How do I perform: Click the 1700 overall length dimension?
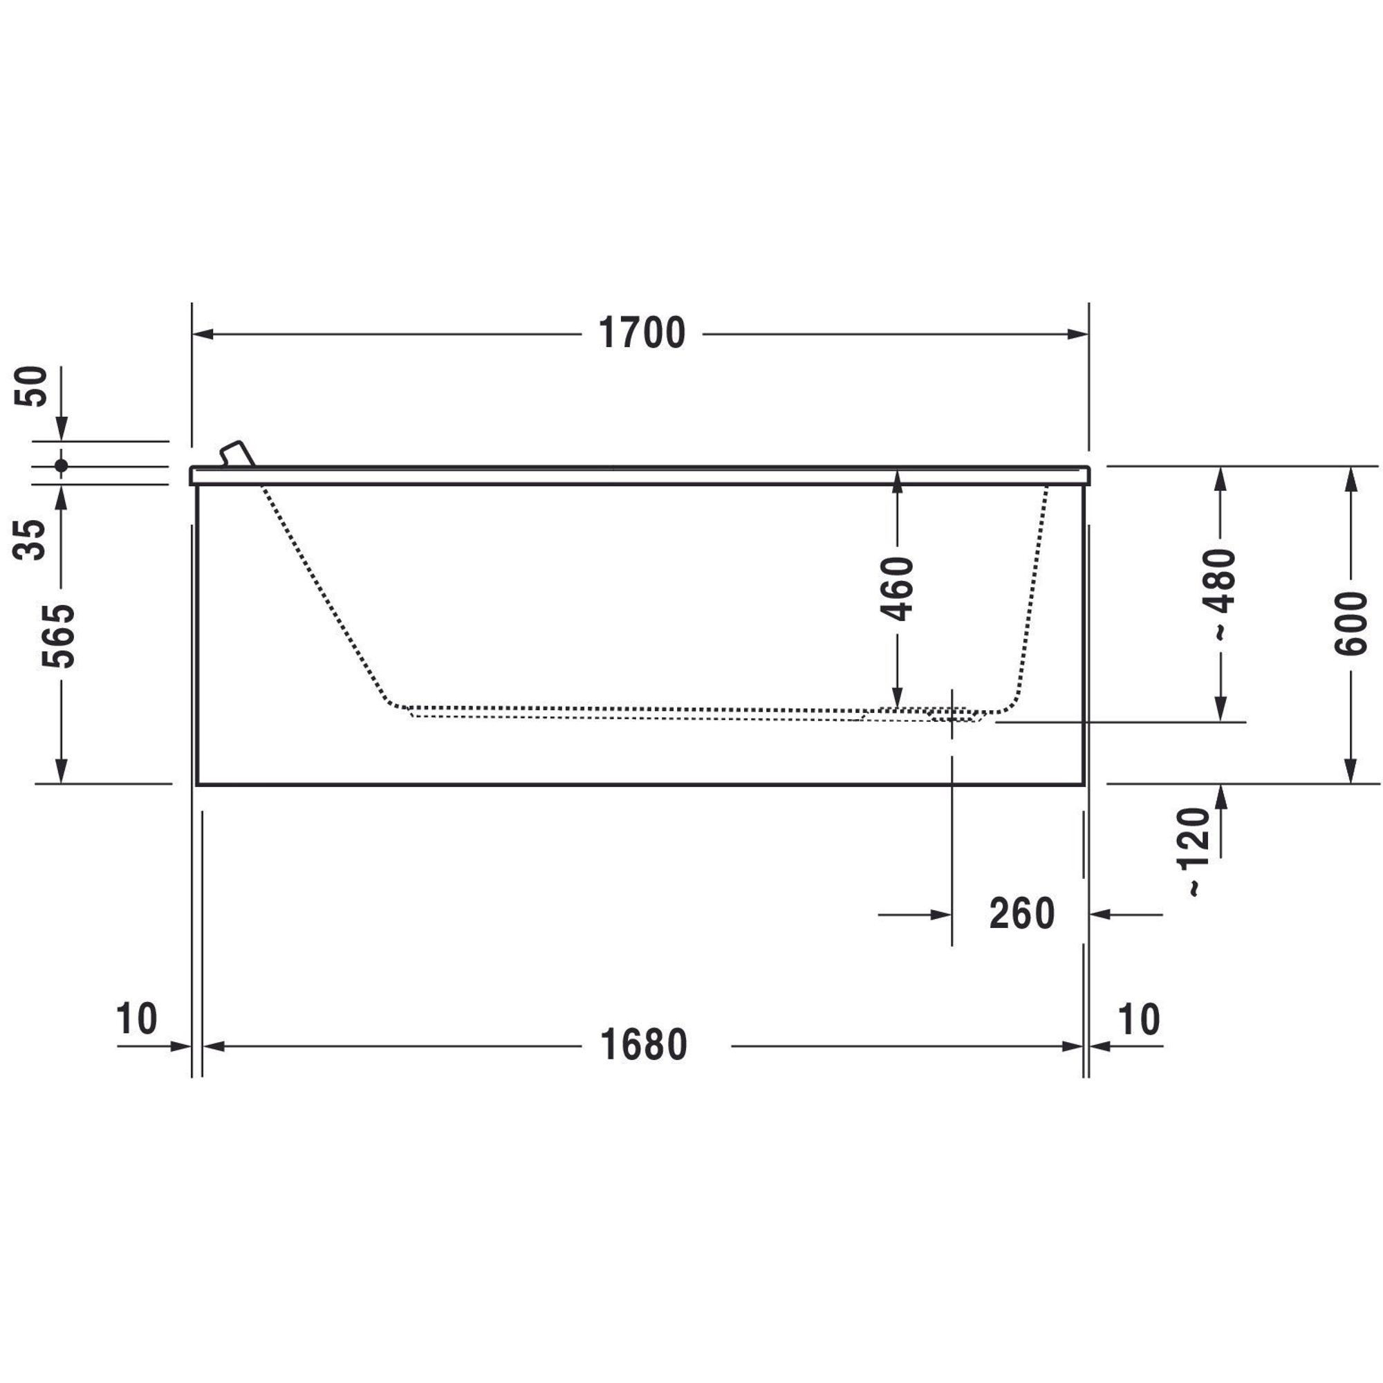click(x=642, y=333)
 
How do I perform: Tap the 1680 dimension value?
click(x=644, y=1045)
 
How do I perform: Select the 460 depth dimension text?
click(x=898, y=588)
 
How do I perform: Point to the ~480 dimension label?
click(x=1219, y=594)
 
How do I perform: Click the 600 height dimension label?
click(x=1350, y=624)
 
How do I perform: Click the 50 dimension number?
click(x=31, y=386)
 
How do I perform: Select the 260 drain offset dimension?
click(x=1021, y=913)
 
